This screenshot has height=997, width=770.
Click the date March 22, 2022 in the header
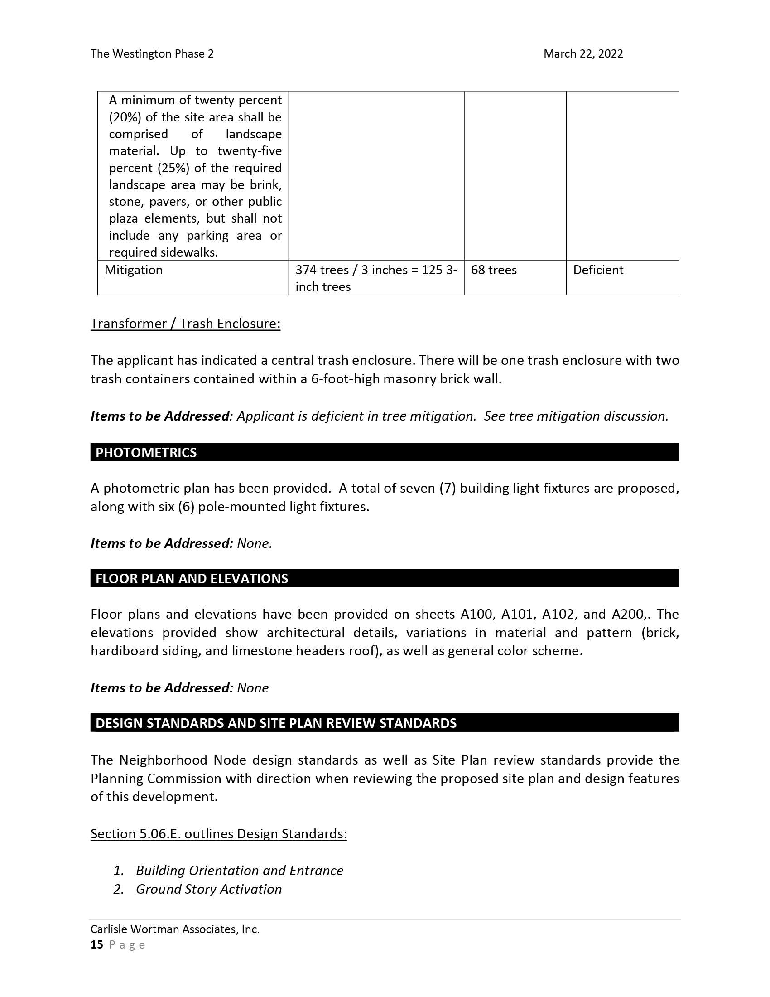click(x=582, y=54)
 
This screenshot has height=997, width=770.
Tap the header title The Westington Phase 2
click(x=152, y=54)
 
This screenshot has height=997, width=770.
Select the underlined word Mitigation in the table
click(x=133, y=270)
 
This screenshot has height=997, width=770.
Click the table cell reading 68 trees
click(x=494, y=270)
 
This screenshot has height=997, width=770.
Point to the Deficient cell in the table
click(x=597, y=270)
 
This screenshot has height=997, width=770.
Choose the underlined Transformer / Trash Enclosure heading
click(x=185, y=323)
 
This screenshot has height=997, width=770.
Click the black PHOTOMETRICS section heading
click(x=146, y=452)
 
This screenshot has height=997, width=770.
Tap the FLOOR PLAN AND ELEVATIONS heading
click(x=192, y=578)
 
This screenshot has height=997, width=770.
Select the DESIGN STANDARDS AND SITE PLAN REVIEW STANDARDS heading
click(x=276, y=723)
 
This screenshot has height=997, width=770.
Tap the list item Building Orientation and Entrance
click(x=240, y=870)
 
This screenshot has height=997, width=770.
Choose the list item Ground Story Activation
click(x=208, y=889)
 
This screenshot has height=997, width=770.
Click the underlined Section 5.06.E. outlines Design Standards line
click(x=218, y=833)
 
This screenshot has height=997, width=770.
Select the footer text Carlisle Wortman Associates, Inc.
click(x=175, y=929)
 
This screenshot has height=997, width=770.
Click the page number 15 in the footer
click(x=97, y=944)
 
